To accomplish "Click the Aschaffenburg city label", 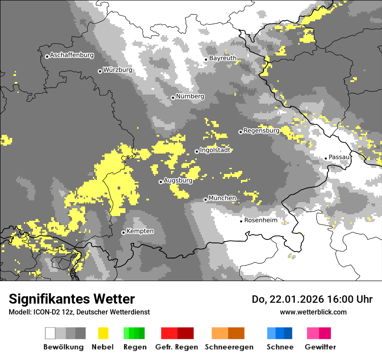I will point(72,56).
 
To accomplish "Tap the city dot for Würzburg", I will point(100,71).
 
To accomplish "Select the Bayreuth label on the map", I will point(223,58).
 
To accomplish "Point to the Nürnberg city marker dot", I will point(173,98).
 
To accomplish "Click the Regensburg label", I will point(261,131).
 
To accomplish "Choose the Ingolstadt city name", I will point(215,151).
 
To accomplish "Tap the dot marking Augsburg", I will point(161,182).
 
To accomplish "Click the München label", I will point(222,198).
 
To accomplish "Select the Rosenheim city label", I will point(260,220).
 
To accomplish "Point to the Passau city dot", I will point(326,158).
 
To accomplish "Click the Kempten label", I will point(140,231).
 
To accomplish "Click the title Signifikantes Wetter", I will point(72,299).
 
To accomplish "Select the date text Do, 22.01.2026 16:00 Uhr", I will point(312,299).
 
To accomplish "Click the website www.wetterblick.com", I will point(313,312).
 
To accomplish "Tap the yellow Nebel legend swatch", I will point(103,333).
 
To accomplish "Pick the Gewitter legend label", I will point(320,347).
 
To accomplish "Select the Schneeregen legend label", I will point(229,347).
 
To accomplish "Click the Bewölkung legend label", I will point(63,347).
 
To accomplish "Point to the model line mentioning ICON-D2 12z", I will point(79,312).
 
